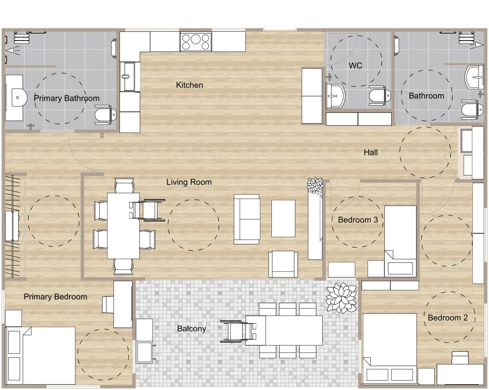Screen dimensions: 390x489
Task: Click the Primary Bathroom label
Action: pyautogui.click(x=67, y=98)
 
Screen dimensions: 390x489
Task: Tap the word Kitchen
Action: pyautogui.click(x=189, y=85)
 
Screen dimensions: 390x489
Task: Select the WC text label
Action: pyautogui.click(x=355, y=65)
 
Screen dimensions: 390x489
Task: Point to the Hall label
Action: pyautogui.click(x=371, y=152)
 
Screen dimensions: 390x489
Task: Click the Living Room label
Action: pyautogui.click(x=189, y=182)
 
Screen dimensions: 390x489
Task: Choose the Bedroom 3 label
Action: pyautogui.click(x=358, y=220)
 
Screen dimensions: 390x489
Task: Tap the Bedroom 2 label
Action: pyautogui.click(x=447, y=318)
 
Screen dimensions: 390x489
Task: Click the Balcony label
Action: pyautogui.click(x=191, y=329)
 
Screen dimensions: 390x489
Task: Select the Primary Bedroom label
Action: pyautogui.click(x=55, y=297)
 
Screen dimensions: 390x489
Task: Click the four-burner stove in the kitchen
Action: pyautogui.click(x=196, y=42)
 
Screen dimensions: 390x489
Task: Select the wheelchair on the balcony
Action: pyautogui.click(x=238, y=330)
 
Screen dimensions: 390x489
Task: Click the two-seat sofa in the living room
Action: pyautogui.click(x=247, y=219)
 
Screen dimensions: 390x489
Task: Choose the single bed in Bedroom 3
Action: pyautogui.click(x=400, y=239)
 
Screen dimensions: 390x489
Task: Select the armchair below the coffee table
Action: pyautogui.click(x=284, y=264)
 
